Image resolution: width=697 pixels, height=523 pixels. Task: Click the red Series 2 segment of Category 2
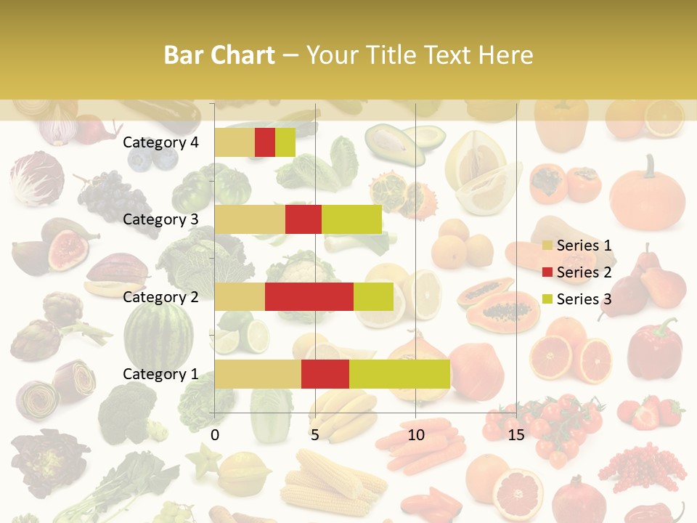309,296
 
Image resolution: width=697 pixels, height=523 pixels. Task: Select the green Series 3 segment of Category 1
399,373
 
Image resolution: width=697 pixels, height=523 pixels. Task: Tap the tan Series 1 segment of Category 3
250,219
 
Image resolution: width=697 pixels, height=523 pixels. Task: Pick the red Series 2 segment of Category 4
265,142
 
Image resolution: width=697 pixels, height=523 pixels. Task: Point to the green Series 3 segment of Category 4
285,142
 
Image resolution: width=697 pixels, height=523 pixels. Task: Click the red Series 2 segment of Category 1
325,373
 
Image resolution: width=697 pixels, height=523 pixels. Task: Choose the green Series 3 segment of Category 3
351,219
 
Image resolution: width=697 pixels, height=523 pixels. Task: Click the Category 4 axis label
160,142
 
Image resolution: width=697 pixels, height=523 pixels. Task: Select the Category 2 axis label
160,296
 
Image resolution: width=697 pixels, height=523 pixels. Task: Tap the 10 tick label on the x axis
415,435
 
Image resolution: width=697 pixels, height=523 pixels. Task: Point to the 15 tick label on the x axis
515,435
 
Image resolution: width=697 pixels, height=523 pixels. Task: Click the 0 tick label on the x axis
215,435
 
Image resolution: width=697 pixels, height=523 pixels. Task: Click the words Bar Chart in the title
219,55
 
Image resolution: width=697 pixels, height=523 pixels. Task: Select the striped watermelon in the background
158,334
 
